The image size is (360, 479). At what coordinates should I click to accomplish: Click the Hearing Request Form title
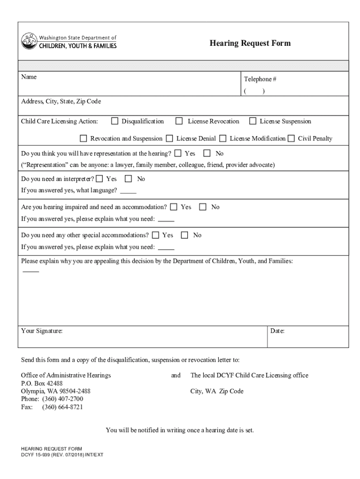tap(250, 44)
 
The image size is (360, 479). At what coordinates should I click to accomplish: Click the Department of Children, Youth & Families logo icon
tap(29, 41)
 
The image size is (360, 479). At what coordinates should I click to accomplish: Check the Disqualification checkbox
tap(115, 122)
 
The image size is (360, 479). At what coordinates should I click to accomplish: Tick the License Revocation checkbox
tap(179, 122)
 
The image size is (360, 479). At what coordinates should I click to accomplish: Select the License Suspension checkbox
tap(252, 122)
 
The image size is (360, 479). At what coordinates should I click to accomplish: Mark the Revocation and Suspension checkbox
tap(84, 138)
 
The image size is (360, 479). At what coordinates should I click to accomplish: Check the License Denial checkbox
tap(169, 138)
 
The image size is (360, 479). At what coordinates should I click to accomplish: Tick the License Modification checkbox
tap(223, 138)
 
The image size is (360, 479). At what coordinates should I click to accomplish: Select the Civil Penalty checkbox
tap(291, 138)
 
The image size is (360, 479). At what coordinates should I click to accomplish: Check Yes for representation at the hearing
tap(178, 153)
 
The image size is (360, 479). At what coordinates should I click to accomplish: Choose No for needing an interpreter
tap(128, 179)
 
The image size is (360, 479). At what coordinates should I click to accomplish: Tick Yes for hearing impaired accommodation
tap(174, 207)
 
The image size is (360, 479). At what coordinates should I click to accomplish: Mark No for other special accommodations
tap(185, 235)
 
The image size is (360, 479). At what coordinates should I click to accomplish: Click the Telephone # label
tap(260, 80)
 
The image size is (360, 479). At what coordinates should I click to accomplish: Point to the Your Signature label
tap(42, 331)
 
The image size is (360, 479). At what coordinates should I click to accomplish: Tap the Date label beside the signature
tap(277, 331)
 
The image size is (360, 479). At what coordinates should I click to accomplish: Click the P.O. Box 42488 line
tap(42, 383)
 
